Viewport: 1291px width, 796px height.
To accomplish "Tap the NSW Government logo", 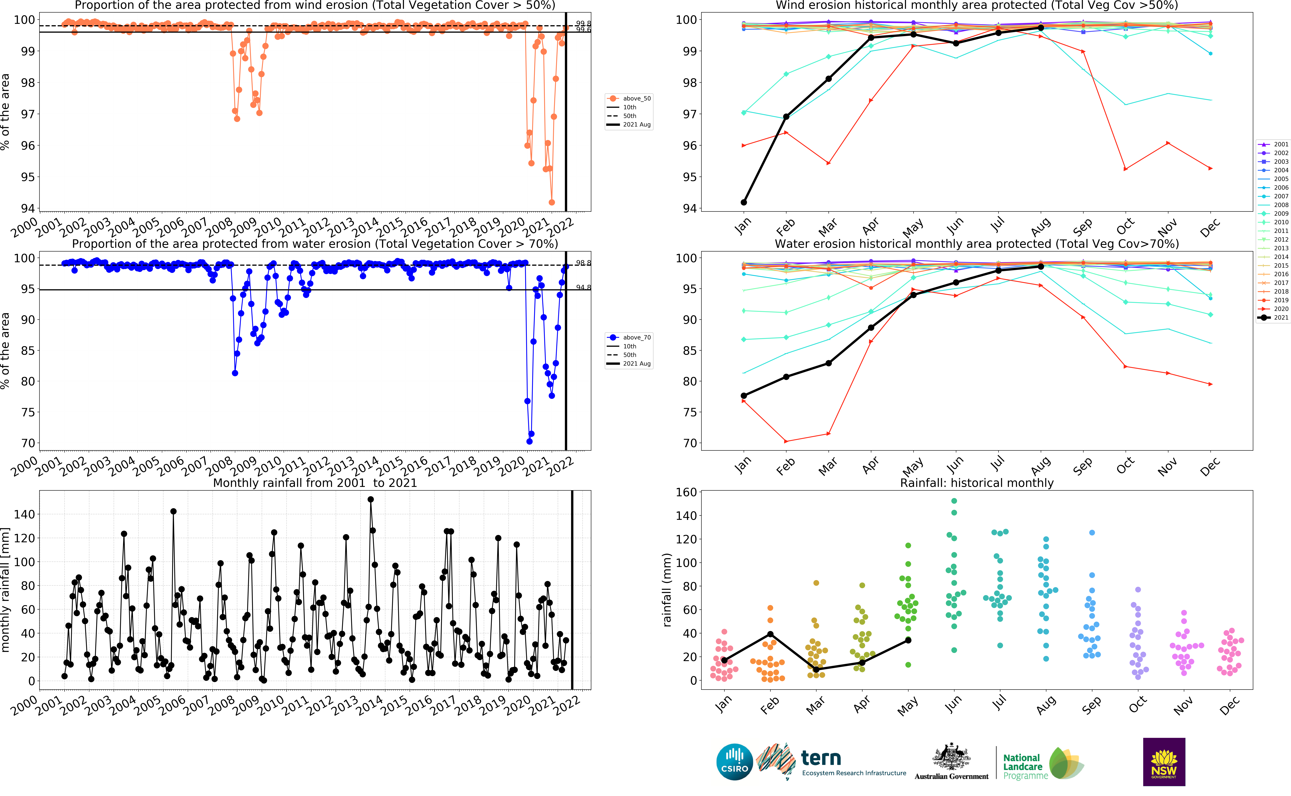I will [x=1164, y=762].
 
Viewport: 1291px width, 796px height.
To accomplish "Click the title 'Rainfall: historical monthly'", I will [x=977, y=483].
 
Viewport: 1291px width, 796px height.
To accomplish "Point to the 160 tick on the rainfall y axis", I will [x=686, y=492].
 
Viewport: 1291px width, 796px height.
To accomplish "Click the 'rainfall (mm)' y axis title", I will [x=667, y=590].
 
